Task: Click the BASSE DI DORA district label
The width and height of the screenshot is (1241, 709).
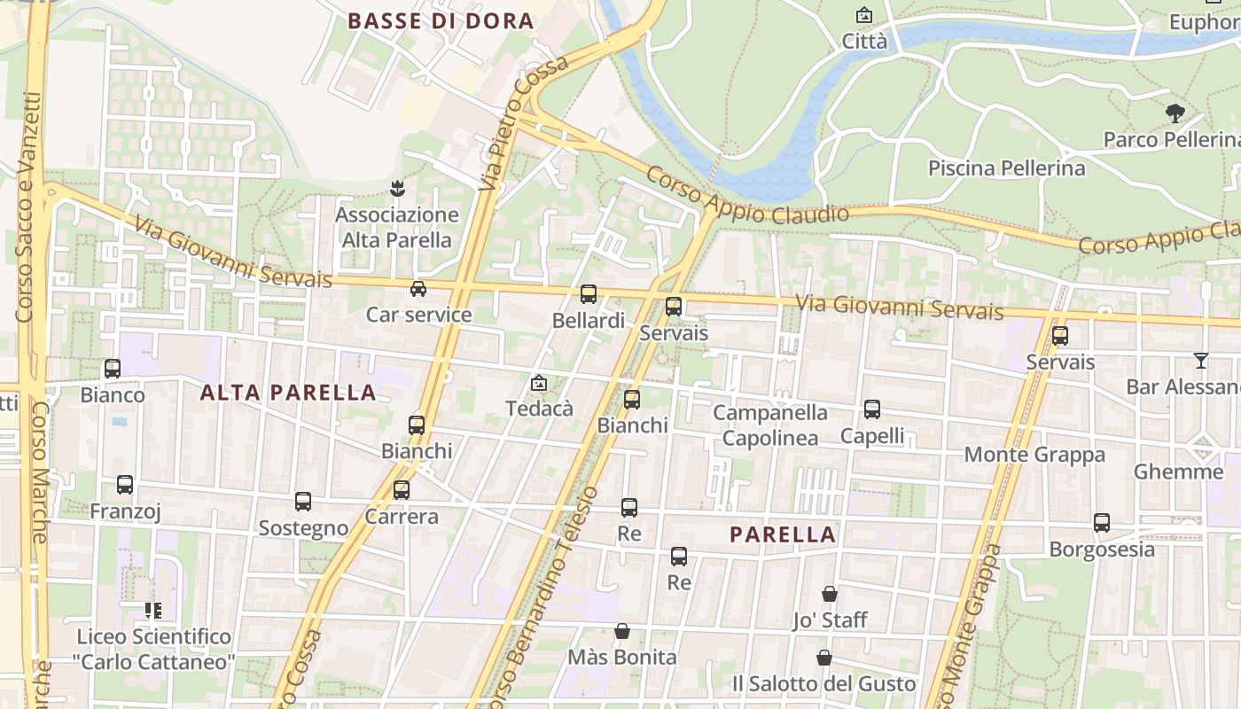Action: [x=441, y=21]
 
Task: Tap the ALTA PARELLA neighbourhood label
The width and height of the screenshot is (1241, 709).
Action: [x=288, y=393]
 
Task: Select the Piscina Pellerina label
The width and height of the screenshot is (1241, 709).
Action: [x=1006, y=168]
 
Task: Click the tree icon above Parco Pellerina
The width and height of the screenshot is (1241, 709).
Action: [x=1175, y=113]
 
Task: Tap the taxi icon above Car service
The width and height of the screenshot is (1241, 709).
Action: [x=418, y=289]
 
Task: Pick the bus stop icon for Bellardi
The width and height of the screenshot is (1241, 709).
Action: [x=589, y=294]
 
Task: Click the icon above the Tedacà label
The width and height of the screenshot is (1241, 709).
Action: [x=538, y=384]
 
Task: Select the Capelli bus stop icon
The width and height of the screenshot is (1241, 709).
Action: [x=872, y=409]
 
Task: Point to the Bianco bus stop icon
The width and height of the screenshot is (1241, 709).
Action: [x=113, y=369]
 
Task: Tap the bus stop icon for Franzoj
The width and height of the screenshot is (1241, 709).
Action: [x=125, y=485]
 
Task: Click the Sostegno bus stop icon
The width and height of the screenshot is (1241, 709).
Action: [x=303, y=502]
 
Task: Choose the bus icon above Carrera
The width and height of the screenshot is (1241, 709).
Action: [x=402, y=490]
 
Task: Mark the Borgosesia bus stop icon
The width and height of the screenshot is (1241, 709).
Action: [x=1102, y=523]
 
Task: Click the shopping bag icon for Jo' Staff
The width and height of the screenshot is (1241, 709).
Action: [x=830, y=594]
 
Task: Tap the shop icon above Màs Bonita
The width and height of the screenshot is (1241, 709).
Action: [x=622, y=632]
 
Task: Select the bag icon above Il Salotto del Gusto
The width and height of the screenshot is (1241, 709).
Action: [x=824, y=658]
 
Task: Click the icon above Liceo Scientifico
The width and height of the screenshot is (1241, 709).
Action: [x=153, y=611]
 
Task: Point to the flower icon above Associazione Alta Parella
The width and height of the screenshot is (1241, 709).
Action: [x=397, y=189]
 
